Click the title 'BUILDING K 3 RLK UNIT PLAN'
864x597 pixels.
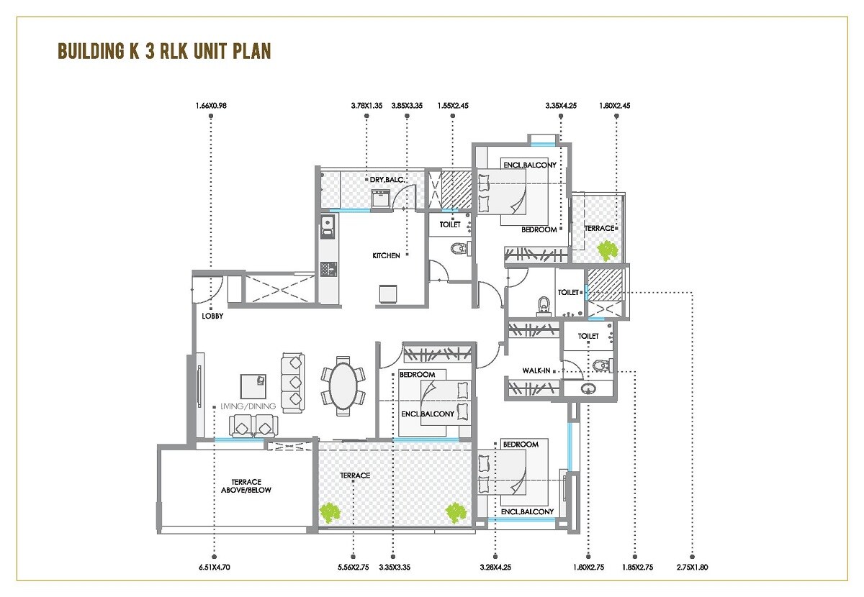164,52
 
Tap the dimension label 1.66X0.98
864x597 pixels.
210,106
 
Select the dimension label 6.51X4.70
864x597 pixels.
215,568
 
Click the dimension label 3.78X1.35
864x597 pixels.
366,106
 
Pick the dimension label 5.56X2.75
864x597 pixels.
354,568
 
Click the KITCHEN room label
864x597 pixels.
386,255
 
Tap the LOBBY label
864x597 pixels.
212,315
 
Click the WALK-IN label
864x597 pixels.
536,370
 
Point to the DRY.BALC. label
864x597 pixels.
386,180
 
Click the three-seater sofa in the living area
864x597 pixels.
293,381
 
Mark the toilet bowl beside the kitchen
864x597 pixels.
458,250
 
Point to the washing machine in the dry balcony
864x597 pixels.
380,199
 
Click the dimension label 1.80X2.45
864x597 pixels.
616,106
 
